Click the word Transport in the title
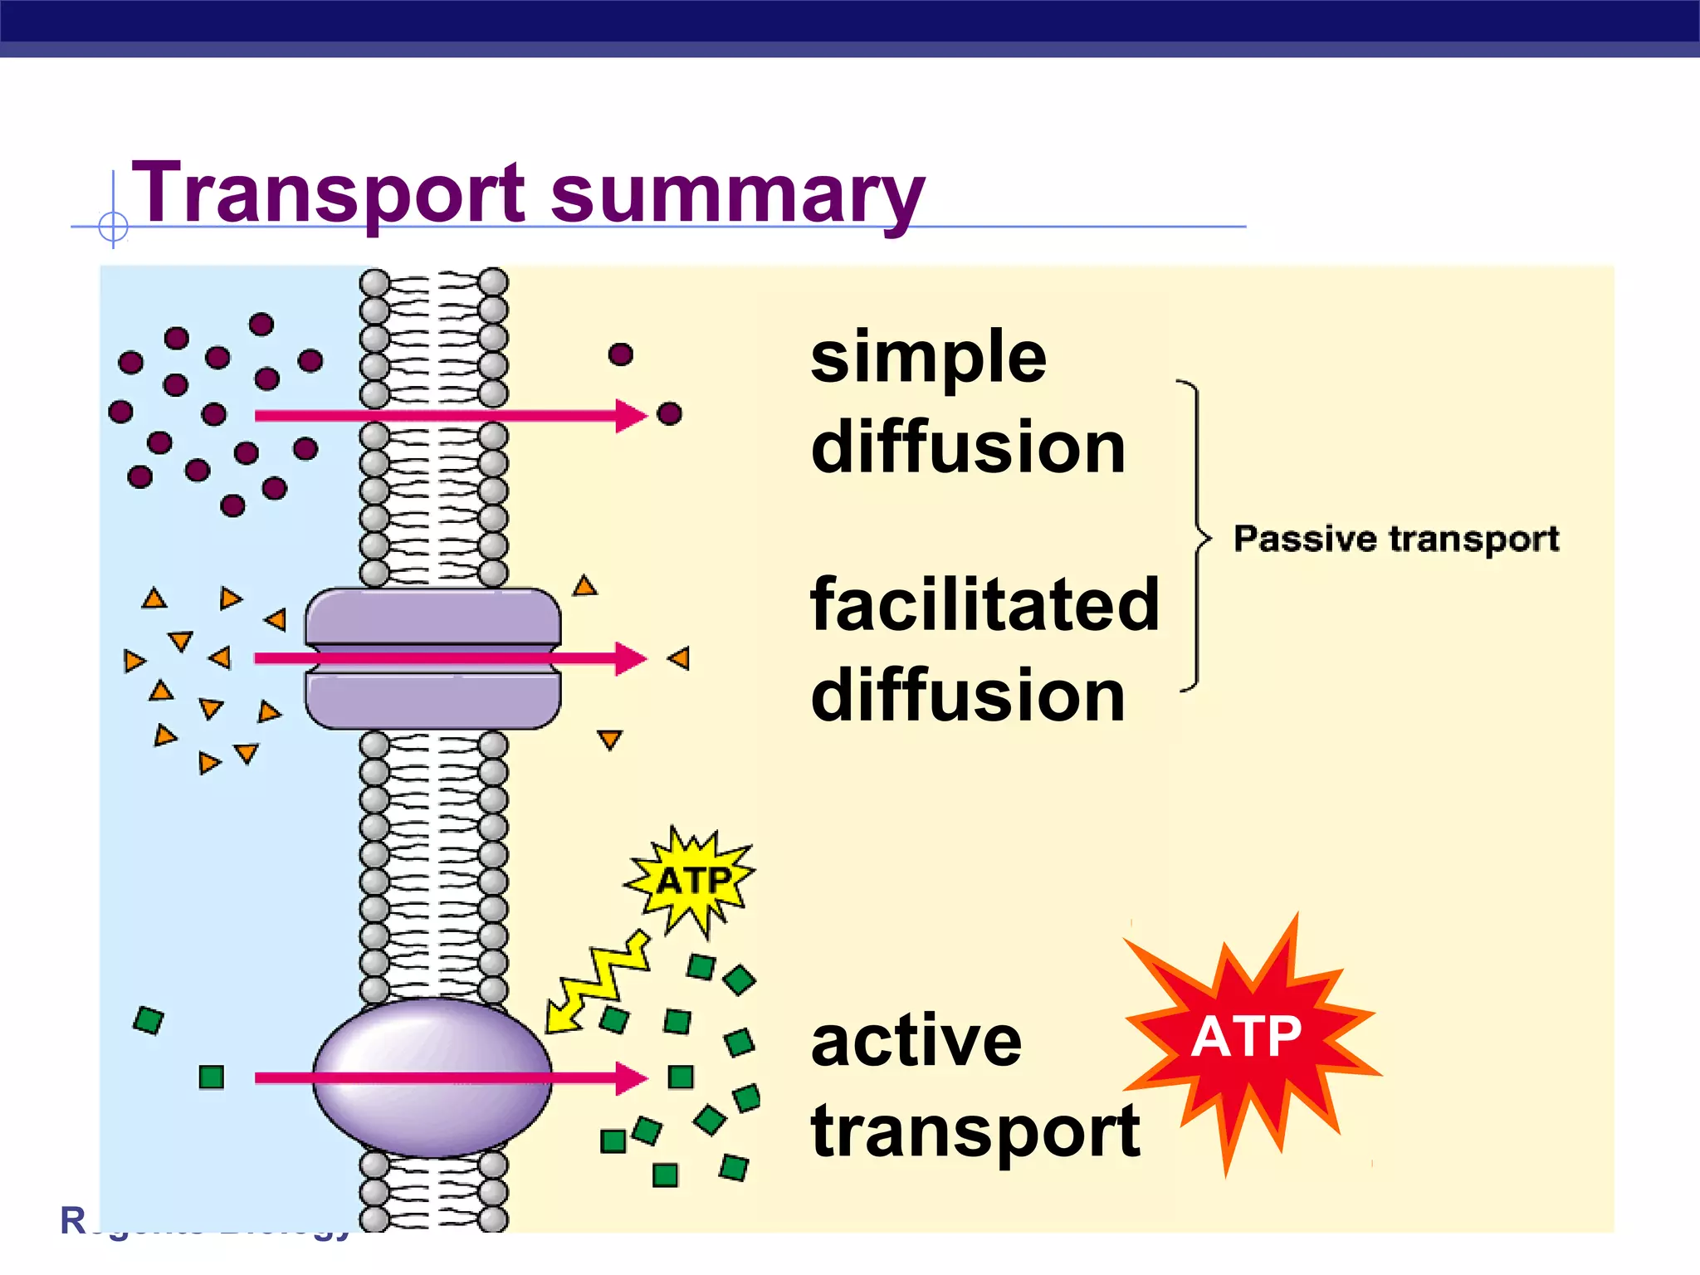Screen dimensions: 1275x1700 [329, 193]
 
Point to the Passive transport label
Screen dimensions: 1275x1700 [1396, 539]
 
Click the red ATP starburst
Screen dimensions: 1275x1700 [1248, 1038]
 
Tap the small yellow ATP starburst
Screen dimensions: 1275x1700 [691, 880]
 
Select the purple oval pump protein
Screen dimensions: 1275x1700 [432, 1077]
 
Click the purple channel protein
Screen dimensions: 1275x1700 [432, 658]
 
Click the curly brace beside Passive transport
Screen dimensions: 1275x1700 [1196, 538]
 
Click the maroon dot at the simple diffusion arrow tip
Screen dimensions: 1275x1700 [670, 413]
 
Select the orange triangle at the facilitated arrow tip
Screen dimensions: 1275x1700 [679, 658]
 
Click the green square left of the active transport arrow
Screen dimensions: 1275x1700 [212, 1077]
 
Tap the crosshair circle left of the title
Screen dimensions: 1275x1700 [113, 226]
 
